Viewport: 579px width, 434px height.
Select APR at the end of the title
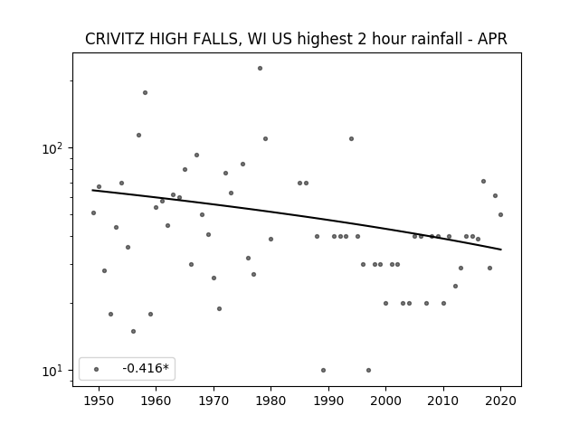click(492, 39)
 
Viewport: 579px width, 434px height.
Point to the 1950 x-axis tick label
click(99, 401)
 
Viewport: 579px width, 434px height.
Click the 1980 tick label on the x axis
click(271, 401)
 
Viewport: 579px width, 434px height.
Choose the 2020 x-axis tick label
click(500, 401)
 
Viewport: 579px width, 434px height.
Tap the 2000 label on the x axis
click(386, 401)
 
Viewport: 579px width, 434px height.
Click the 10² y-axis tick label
click(52, 148)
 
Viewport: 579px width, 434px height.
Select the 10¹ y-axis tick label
click(52, 371)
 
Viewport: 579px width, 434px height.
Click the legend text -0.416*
click(146, 368)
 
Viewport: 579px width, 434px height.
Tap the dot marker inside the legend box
click(97, 369)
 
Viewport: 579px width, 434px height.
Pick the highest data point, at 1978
click(260, 69)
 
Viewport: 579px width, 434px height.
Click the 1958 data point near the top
click(145, 92)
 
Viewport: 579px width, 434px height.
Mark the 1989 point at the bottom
click(324, 370)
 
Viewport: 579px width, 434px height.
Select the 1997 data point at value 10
click(368, 370)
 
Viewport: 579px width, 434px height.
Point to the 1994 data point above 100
click(352, 138)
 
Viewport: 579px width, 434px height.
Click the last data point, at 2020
click(500, 215)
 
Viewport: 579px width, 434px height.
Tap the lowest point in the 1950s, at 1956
click(133, 332)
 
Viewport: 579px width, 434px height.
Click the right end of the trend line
click(501, 250)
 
